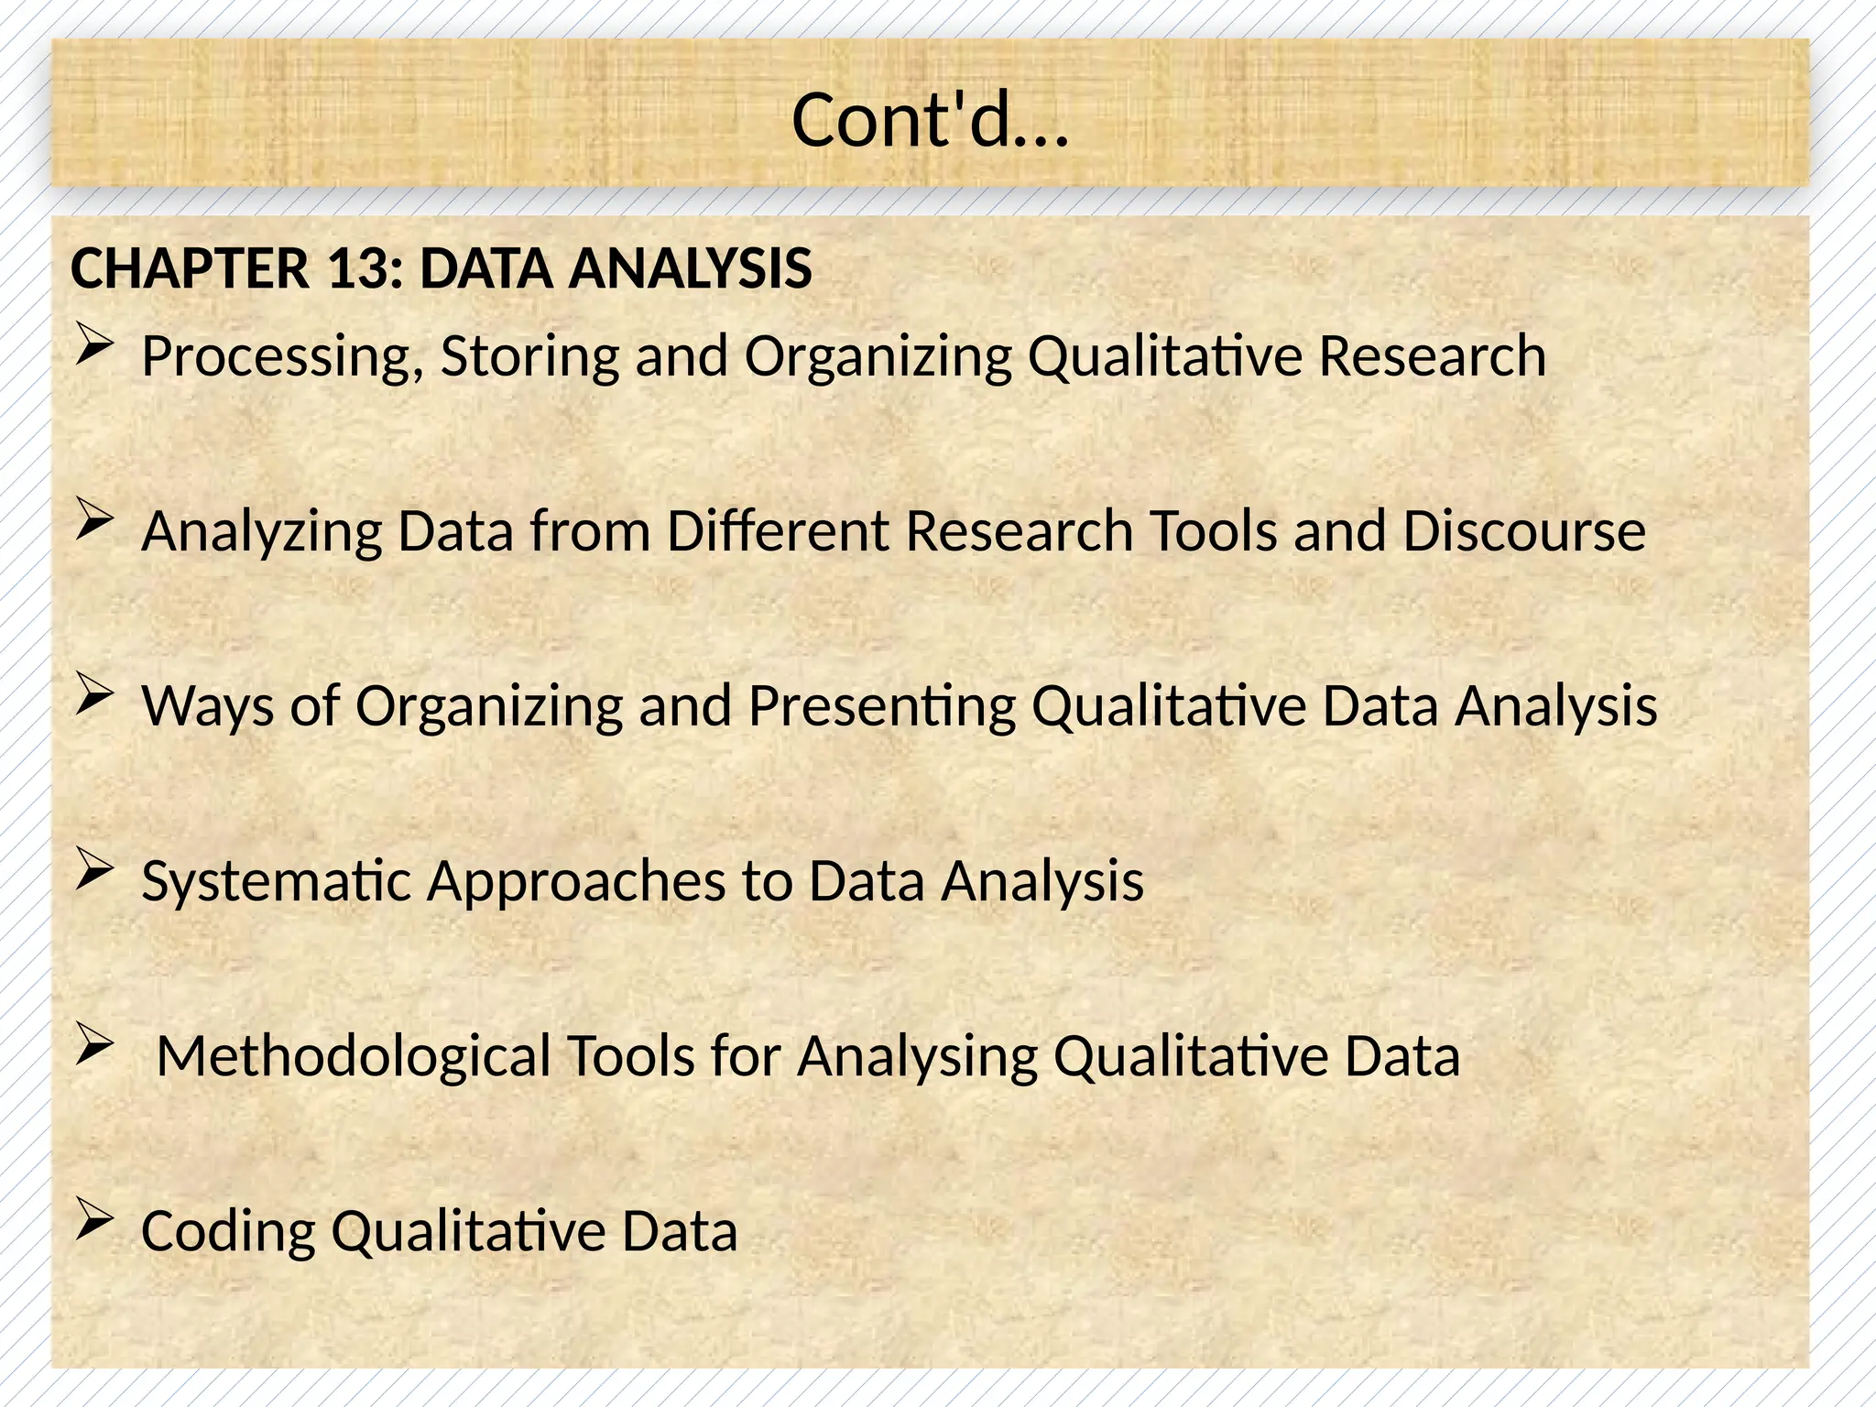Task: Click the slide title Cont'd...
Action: tap(930, 121)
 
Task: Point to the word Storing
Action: tap(529, 357)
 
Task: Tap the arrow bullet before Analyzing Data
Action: tap(94, 521)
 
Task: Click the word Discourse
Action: tap(1523, 531)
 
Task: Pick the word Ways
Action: tap(208, 706)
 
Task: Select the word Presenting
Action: tap(881, 706)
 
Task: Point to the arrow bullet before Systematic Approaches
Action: tap(94, 869)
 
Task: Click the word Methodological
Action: tap(354, 1056)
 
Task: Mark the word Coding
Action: tap(228, 1232)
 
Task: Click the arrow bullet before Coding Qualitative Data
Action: tap(94, 1220)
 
